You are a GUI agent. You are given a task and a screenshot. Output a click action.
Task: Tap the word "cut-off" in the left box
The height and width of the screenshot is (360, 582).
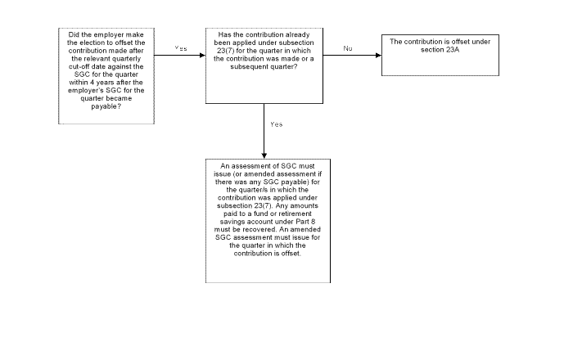tap(79, 66)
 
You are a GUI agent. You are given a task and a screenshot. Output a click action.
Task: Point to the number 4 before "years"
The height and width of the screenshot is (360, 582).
tap(92, 83)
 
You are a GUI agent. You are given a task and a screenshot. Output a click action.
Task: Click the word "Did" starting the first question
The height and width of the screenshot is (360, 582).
tap(74, 35)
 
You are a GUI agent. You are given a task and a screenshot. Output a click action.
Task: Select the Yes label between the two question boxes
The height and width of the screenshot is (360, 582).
tap(181, 48)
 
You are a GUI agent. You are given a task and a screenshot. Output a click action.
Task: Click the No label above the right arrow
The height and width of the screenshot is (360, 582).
tap(348, 48)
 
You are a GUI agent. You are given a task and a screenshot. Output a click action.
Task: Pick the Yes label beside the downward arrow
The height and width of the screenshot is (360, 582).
tap(277, 124)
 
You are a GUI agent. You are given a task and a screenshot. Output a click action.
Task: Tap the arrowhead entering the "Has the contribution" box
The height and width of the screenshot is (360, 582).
tap(203, 56)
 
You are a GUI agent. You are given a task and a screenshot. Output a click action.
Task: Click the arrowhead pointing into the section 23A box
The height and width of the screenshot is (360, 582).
tap(379, 56)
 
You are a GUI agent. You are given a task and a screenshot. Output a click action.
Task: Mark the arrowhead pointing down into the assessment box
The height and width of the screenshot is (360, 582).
tap(264, 156)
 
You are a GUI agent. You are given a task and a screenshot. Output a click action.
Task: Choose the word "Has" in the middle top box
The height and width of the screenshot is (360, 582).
tap(223, 35)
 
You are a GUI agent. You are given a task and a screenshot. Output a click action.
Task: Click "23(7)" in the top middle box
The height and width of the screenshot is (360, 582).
tap(224, 51)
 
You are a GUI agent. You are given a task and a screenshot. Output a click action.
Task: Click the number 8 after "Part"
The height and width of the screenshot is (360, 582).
tap(314, 222)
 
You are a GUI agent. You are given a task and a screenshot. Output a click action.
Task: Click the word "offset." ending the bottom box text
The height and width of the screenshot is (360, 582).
tap(291, 254)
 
